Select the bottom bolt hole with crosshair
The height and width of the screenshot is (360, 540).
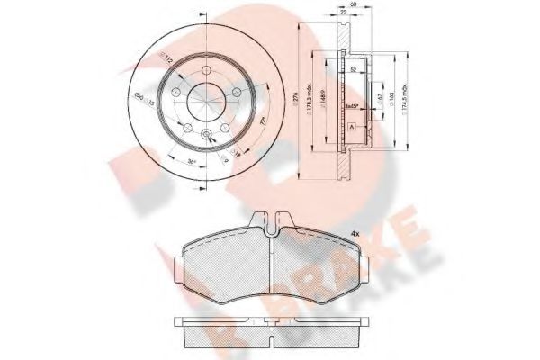coord(209,135)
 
